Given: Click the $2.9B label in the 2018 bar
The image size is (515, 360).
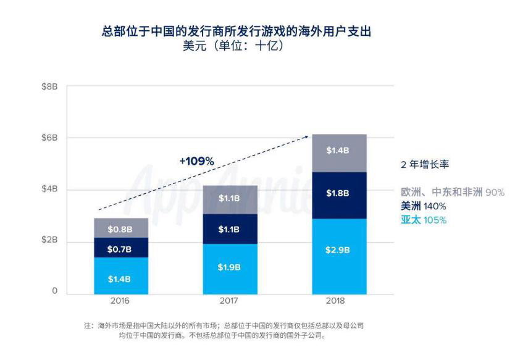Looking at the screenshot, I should pos(337,250).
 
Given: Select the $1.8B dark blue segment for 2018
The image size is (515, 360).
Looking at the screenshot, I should pos(337,193).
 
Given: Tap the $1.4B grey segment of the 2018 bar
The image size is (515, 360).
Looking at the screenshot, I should pos(337,150).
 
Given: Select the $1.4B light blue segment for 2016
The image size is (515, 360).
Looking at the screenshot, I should pos(119,279).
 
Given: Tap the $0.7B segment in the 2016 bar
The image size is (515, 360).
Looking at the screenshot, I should pos(119,249).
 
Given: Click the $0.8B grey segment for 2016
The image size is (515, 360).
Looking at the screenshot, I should pos(119,229).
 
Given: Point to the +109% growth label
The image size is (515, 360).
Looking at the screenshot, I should pos(196,161).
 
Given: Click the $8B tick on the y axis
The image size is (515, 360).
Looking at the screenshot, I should pos(49,86).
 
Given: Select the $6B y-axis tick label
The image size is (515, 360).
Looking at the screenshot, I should pos(49,138).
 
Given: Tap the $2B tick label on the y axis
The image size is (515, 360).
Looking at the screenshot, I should pos(49,240).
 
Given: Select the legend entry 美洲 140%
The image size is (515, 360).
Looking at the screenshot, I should pos(423,206).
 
